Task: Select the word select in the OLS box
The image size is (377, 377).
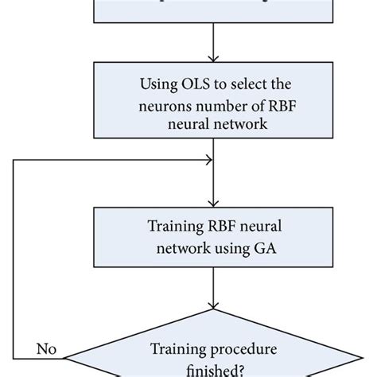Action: coord(241,82)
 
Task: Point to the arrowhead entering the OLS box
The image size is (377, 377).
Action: coord(212,57)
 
